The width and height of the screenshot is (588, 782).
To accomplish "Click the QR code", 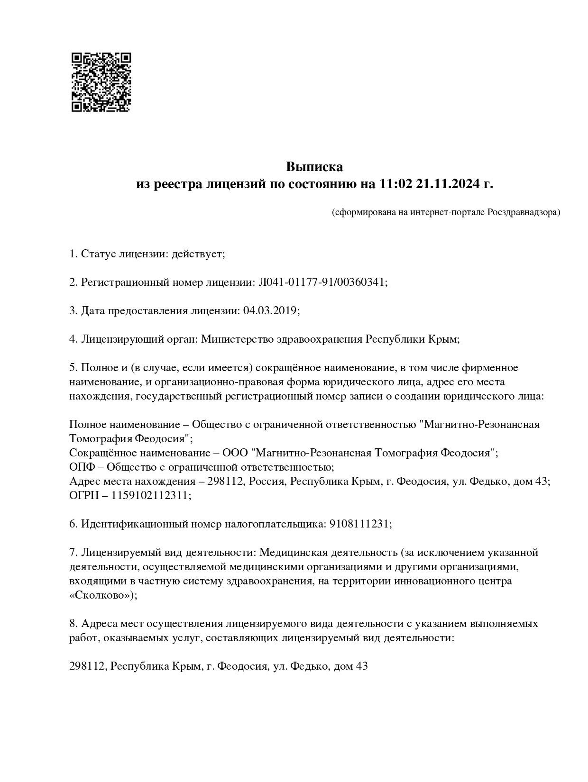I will point(101,82).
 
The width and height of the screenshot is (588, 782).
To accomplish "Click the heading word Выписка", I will point(314,167).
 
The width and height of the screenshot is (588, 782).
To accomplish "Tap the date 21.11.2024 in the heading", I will point(447,184).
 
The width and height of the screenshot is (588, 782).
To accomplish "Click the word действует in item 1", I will point(197,254).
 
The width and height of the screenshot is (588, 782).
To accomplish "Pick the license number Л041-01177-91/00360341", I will point(322,282).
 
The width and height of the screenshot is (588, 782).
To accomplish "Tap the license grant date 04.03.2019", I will point(270,311).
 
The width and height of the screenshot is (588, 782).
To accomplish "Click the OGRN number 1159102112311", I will point(150,496).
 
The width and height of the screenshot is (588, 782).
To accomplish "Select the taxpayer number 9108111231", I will point(359,524).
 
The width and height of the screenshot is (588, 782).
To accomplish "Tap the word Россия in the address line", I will point(267,482).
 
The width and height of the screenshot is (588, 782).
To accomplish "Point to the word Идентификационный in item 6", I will point(134,524).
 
